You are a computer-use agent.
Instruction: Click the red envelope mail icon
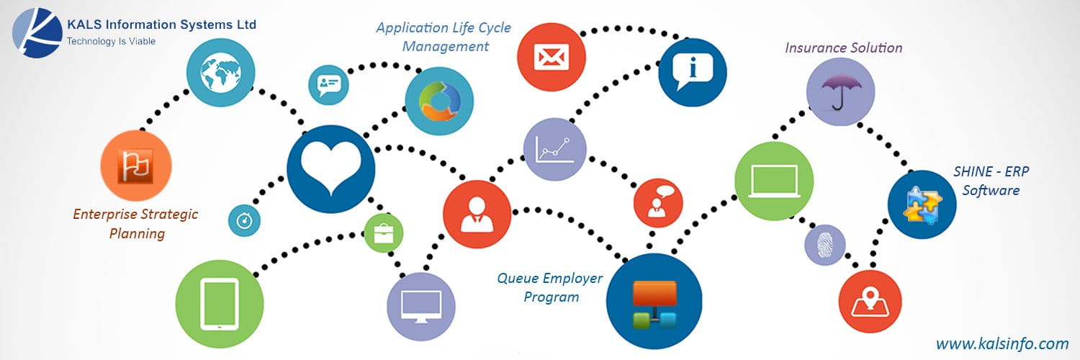[552, 57]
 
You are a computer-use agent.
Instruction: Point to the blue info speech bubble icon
[692, 72]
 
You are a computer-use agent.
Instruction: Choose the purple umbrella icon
[840, 92]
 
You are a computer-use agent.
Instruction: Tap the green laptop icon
[773, 181]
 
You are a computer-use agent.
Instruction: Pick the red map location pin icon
[870, 302]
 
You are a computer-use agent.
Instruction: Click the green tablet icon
[220, 302]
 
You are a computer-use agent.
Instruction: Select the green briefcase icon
[383, 233]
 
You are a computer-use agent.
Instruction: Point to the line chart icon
[554, 149]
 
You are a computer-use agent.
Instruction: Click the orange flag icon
[136, 166]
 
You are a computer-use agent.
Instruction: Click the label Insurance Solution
[843, 48]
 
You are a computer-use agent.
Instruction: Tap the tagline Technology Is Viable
[111, 42]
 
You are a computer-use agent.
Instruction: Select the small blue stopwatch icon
[244, 220]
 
